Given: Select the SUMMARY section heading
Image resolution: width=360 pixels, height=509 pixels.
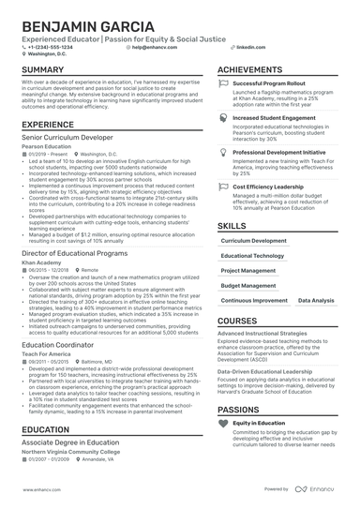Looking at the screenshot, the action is pos(43,70).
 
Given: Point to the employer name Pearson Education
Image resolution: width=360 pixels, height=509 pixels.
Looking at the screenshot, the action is pos(46,147).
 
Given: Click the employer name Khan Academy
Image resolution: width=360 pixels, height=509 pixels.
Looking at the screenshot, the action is pos(38,264).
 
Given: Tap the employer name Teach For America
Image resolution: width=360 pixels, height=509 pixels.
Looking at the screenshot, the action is pos(44,354).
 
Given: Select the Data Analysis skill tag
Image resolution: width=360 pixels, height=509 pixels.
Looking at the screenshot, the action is pos(314,300).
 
